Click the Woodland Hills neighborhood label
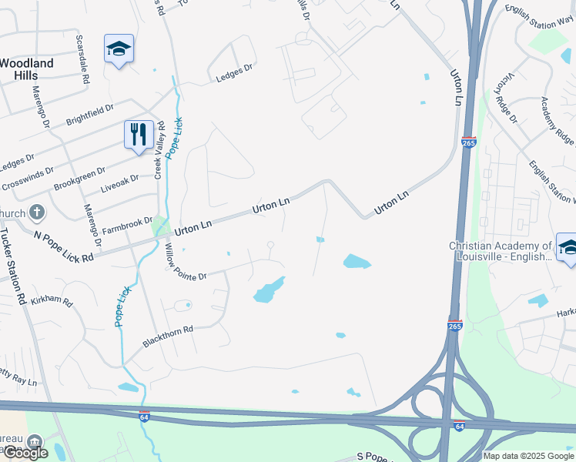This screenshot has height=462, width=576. [x=27, y=69]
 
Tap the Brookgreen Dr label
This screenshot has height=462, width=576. [x=79, y=180]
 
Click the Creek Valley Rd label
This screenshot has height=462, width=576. [x=161, y=151]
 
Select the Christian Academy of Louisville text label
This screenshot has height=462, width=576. [x=501, y=251]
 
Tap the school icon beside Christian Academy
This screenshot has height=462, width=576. [x=566, y=247]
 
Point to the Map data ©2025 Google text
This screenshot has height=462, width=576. [x=528, y=456]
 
